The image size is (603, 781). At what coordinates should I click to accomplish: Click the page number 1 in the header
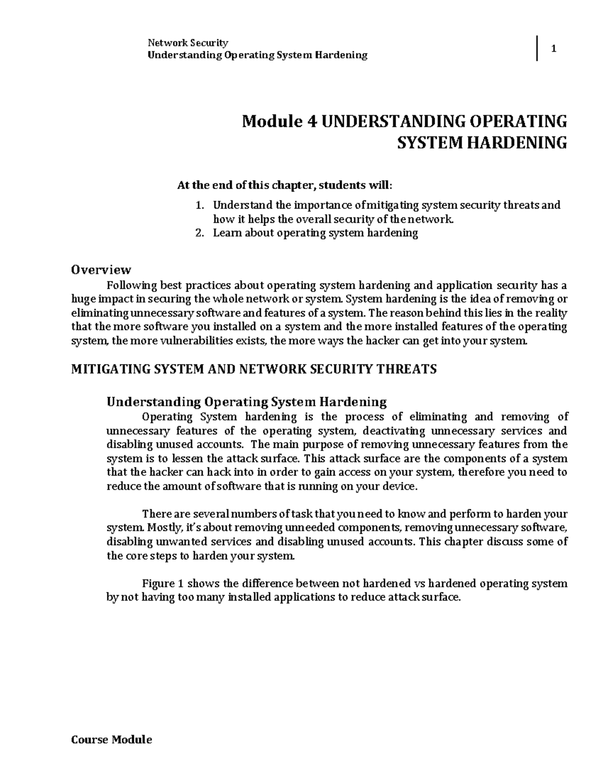554,49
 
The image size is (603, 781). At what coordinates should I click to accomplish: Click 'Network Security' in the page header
187,43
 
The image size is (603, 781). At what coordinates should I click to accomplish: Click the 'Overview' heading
101,270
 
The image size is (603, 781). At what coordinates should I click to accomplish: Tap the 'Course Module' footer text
111,740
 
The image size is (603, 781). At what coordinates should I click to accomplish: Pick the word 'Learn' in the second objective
227,233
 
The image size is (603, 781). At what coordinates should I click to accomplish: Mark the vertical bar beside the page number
538,49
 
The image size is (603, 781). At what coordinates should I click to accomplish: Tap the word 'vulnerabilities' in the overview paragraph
195,341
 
